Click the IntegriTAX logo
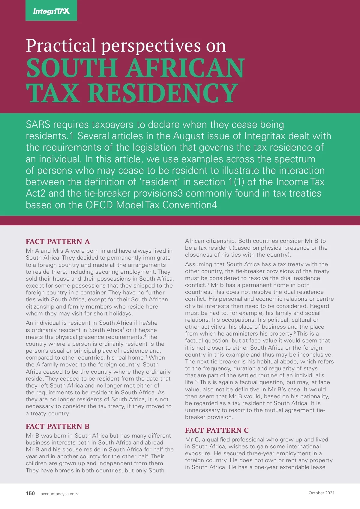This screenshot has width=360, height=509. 51,11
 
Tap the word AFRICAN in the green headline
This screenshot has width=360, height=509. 185,68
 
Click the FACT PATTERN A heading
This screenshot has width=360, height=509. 58,242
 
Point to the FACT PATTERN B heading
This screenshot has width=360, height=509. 58,426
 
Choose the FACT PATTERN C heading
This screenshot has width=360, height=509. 217,430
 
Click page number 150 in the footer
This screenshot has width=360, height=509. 30,493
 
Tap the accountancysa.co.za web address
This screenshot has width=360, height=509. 60,494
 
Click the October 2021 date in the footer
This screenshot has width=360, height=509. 321,493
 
